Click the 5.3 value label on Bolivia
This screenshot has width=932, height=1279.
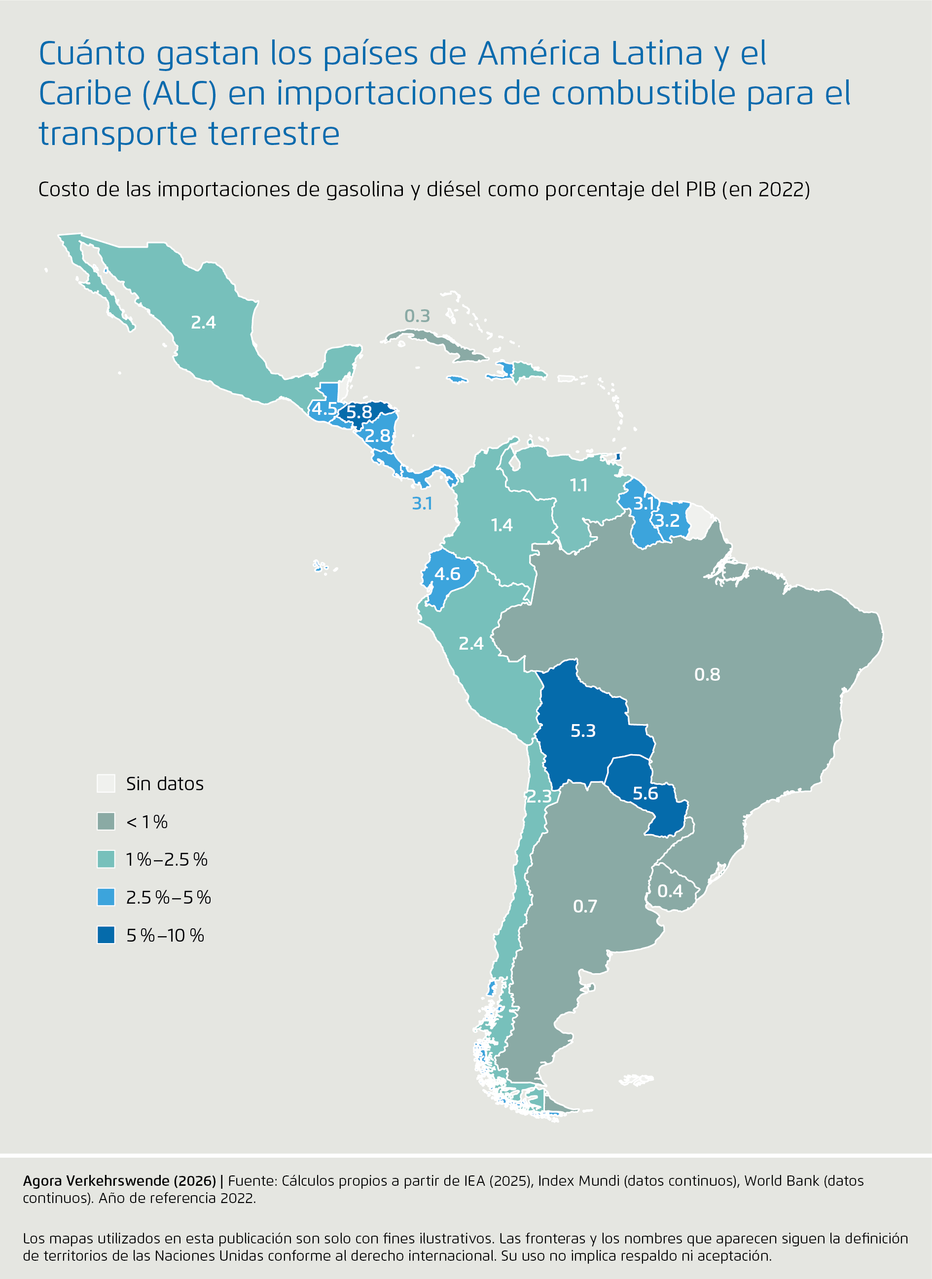[583, 731]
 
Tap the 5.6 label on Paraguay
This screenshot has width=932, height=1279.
[645, 793]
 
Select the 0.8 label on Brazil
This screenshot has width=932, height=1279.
[707, 674]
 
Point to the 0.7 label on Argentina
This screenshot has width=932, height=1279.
[584, 906]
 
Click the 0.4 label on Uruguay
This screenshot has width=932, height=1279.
[670, 891]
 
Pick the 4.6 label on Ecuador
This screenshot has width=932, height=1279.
[447, 574]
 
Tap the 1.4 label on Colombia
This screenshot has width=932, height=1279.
[502, 525]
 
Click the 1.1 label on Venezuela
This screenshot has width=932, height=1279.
[578, 485]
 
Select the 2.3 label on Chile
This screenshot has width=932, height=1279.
[539, 796]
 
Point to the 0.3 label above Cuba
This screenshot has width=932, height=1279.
[417, 316]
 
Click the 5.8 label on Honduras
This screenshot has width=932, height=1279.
[359, 412]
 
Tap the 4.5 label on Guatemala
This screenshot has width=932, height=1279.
[324, 408]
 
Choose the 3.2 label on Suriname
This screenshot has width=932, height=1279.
[667, 520]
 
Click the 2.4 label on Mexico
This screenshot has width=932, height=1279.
[203, 322]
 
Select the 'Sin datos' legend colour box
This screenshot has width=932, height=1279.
[106, 783]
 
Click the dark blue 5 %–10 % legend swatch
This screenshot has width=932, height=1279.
[106, 935]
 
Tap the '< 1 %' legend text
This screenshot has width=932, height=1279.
[146, 821]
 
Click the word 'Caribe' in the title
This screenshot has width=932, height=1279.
[85, 93]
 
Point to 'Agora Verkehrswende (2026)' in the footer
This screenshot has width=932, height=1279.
[119, 1180]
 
